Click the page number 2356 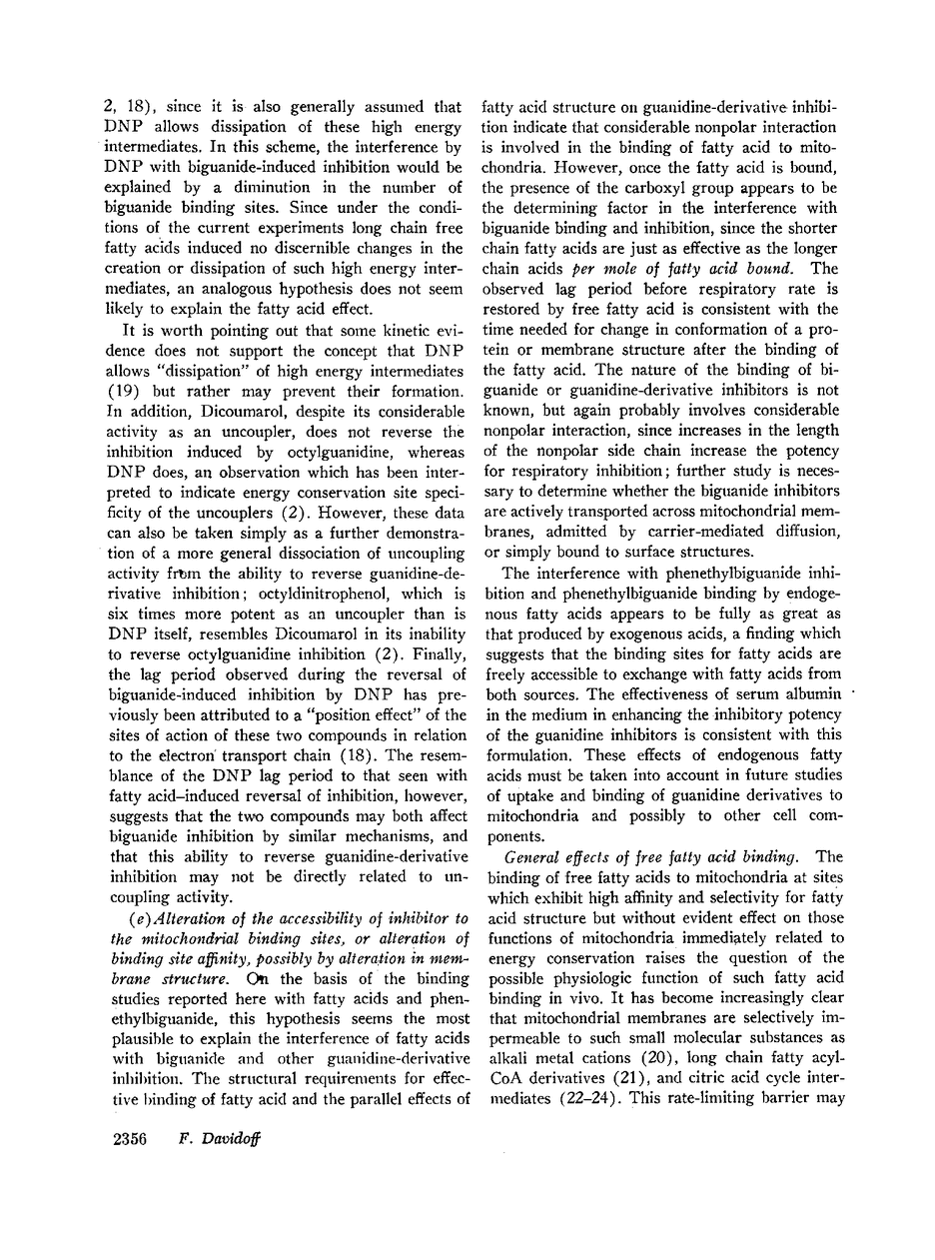point(125,1141)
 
